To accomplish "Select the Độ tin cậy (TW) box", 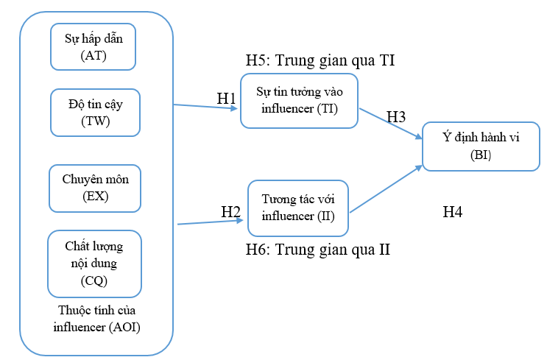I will click(95, 112).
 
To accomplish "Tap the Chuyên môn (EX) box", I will click(94, 187).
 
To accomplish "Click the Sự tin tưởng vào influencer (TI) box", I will click(299, 100).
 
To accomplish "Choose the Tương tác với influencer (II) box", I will click(298, 207).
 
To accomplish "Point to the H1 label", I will click(226, 98).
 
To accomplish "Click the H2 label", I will click(231, 212).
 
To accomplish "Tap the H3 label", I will click(396, 117).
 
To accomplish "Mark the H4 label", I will click(452, 213).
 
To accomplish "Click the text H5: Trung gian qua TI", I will click(321, 60).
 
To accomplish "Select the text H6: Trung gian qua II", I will click(317, 250).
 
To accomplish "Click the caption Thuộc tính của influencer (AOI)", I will click(96, 319).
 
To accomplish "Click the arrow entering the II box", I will click(213, 221).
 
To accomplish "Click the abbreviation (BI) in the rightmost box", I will click(479, 155).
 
